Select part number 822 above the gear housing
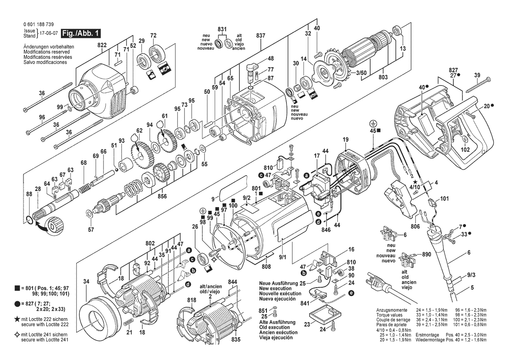click(x=102, y=45)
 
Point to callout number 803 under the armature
click(x=383, y=77)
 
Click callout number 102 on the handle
click(x=465, y=149)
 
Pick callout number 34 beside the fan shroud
click(x=86, y=282)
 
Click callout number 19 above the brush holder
click(x=345, y=139)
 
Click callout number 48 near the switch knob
click(x=270, y=58)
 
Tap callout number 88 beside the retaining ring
click(x=29, y=194)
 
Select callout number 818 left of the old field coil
click(x=192, y=300)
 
